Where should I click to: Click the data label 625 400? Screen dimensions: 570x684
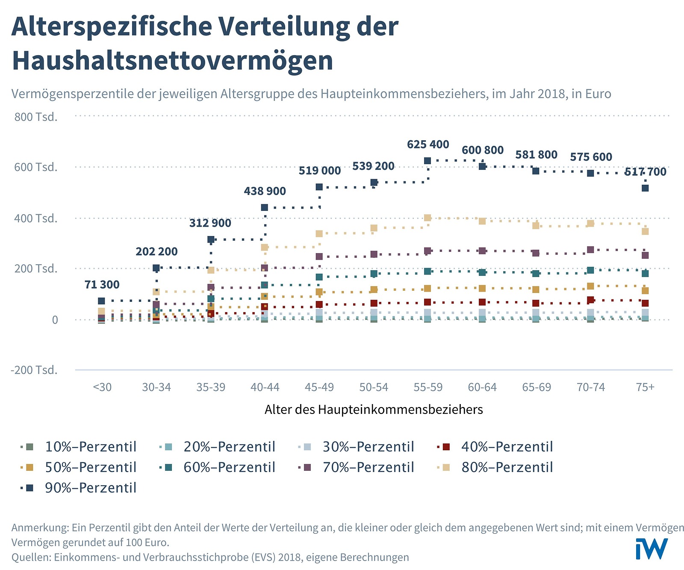point(428,145)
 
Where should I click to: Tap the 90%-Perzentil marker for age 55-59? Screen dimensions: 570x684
point(427,161)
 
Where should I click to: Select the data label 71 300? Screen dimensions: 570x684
point(102,285)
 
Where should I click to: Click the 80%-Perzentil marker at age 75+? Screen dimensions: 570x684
point(646,231)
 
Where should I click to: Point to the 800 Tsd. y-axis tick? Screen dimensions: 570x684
point(36,117)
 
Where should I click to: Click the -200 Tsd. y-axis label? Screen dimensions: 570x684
point(34,370)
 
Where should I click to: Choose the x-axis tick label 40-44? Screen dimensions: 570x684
point(265,387)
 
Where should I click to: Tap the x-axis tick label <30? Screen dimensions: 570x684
point(102,387)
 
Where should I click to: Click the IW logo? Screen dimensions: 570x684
point(651,549)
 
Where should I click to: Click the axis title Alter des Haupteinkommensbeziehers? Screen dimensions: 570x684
point(374,410)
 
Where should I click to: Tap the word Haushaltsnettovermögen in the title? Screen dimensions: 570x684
point(172,60)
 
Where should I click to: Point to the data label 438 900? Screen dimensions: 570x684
point(265,191)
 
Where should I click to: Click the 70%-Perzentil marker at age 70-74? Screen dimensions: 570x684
point(591,250)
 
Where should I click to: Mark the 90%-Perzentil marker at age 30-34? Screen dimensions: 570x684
point(156,268)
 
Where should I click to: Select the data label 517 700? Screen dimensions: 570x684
point(645,172)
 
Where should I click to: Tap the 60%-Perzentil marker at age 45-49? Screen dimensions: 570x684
point(319,277)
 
